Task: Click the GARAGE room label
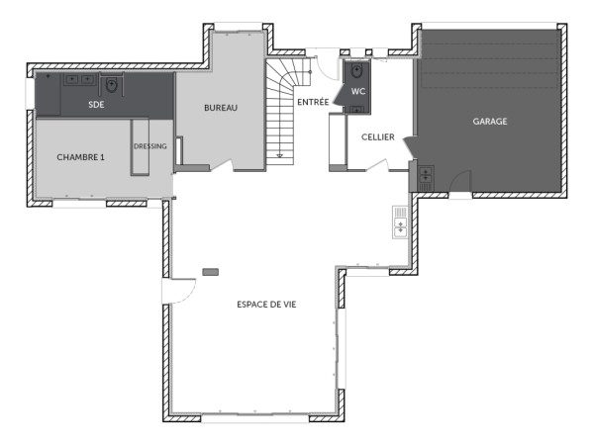(x=489, y=122)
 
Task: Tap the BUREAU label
(x=221, y=108)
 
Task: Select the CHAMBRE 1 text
(x=80, y=157)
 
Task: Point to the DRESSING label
(x=149, y=146)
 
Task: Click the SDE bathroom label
(x=96, y=104)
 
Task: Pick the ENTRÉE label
(x=313, y=102)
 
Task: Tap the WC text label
(x=358, y=91)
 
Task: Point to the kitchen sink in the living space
(x=400, y=222)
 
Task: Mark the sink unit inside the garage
(x=424, y=178)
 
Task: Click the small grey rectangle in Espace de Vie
(x=210, y=270)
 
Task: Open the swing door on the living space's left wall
(x=179, y=290)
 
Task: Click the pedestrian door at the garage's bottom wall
(x=459, y=184)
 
